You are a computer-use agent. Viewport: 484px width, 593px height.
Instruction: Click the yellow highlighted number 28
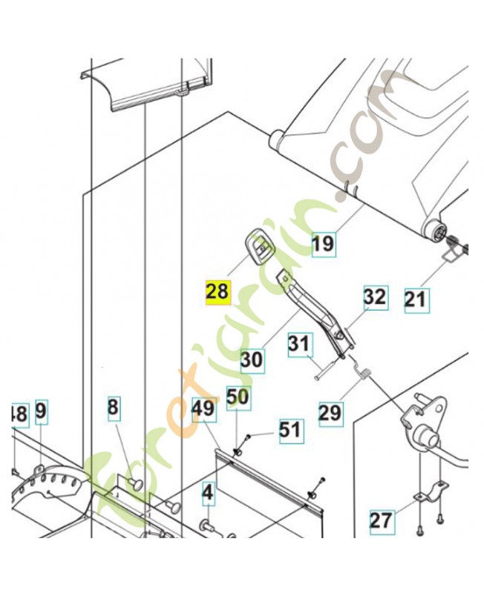pyautogui.click(x=218, y=291)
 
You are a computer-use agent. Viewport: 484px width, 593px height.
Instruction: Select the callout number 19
pyautogui.click(x=323, y=242)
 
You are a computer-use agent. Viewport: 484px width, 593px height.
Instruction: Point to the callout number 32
pyautogui.click(x=375, y=296)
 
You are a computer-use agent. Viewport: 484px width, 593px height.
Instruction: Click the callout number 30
pyautogui.click(x=252, y=360)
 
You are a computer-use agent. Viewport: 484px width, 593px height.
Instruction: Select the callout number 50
pyautogui.click(x=238, y=397)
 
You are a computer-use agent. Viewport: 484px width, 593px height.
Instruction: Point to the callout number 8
pyautogui.click(x=112, y=407)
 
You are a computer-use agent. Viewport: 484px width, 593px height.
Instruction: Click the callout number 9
pyautogui.click(x=40, y=410)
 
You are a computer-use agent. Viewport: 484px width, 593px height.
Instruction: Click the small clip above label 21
pyautogui.click(x=451, y=255)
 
